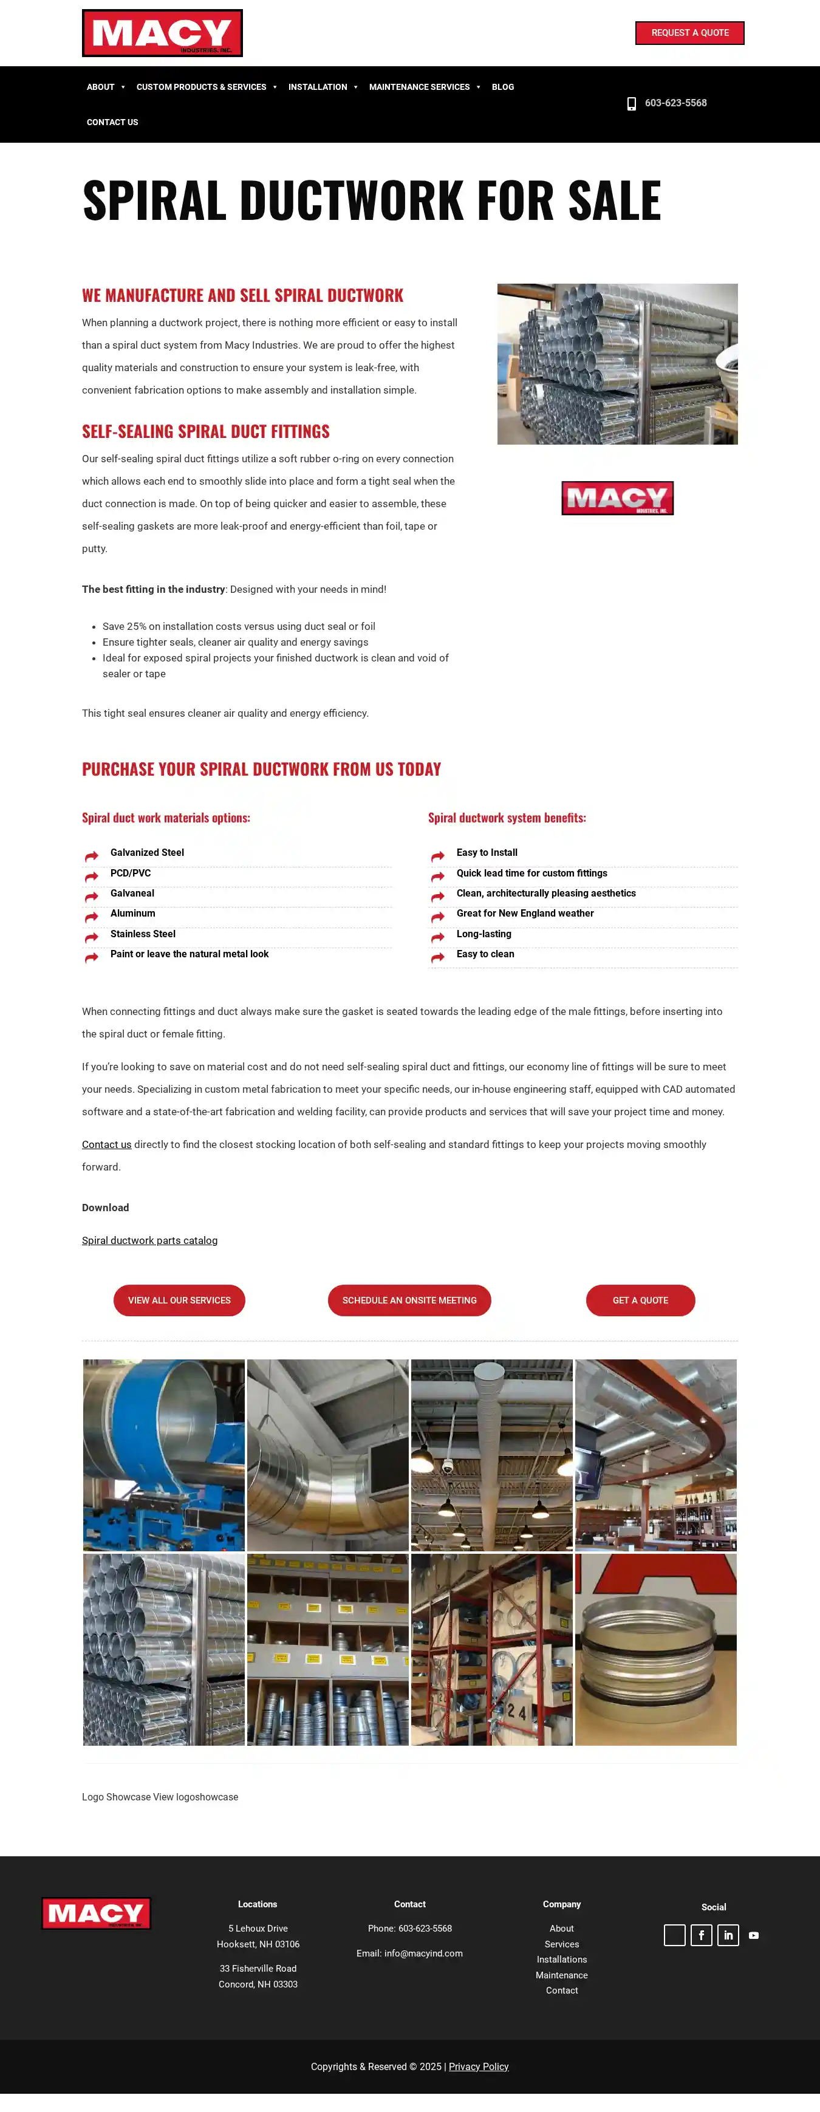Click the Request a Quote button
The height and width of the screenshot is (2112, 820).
tap(689, 33)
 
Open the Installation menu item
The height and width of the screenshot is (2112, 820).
tap(318, 87)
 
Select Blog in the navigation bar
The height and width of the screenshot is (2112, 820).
tap(503, 87)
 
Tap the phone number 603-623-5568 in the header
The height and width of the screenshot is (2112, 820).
tap(675, 103)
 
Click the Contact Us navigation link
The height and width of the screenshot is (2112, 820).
tap(112, 122)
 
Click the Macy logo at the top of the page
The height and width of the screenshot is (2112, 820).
tap(162, 33)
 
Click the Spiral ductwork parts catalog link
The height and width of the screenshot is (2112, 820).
tap(149, 1240)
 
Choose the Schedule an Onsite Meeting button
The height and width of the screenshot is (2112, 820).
tap(409, 1300)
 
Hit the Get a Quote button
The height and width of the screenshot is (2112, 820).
tap(640, 1300)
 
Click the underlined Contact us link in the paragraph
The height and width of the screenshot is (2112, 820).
tap(107, 1144)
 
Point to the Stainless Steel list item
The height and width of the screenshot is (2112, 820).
tap(143, 934)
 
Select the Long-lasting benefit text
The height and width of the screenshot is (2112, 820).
tap(483, 934)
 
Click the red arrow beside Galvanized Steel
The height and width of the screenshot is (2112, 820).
tap(92, 856)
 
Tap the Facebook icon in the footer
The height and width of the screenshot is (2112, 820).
tap(701, 1935)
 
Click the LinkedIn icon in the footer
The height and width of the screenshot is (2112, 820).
tap(728, 1935)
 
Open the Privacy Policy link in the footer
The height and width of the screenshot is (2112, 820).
tap(478, 2067)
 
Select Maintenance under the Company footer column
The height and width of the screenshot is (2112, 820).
tap(562, 1975)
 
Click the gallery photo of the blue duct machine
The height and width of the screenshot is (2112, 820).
tap(164, 1454)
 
